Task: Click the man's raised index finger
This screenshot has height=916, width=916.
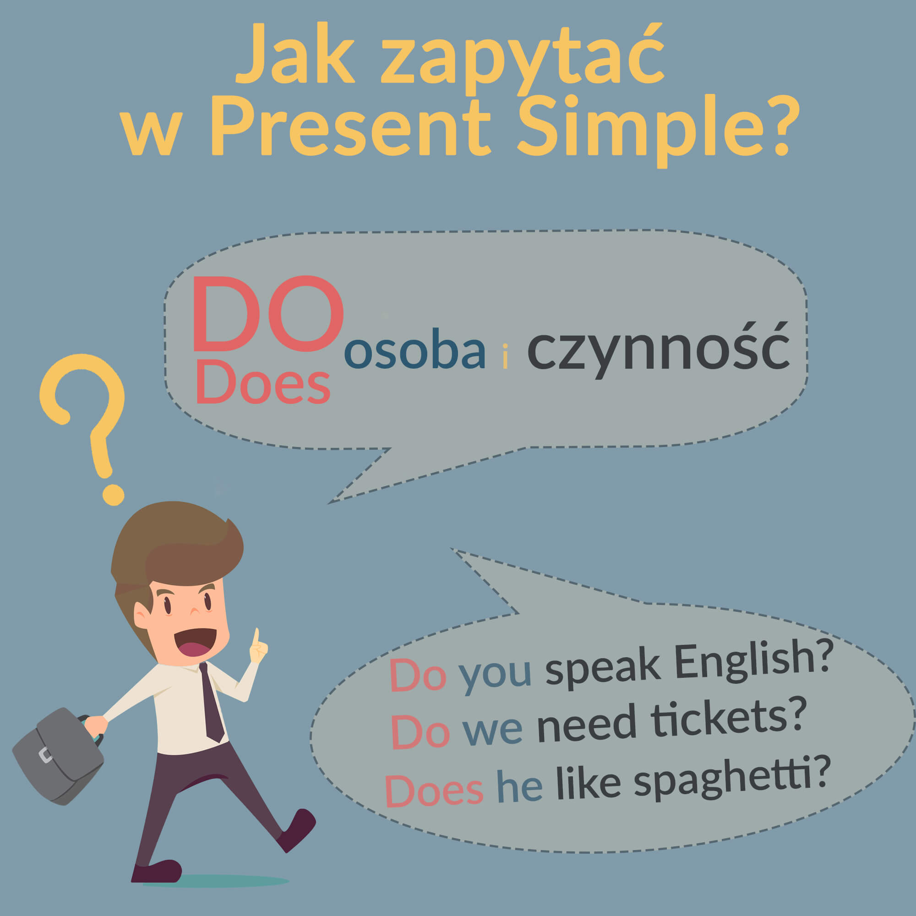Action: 256,638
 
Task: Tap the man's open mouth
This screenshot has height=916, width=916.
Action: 194,643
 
